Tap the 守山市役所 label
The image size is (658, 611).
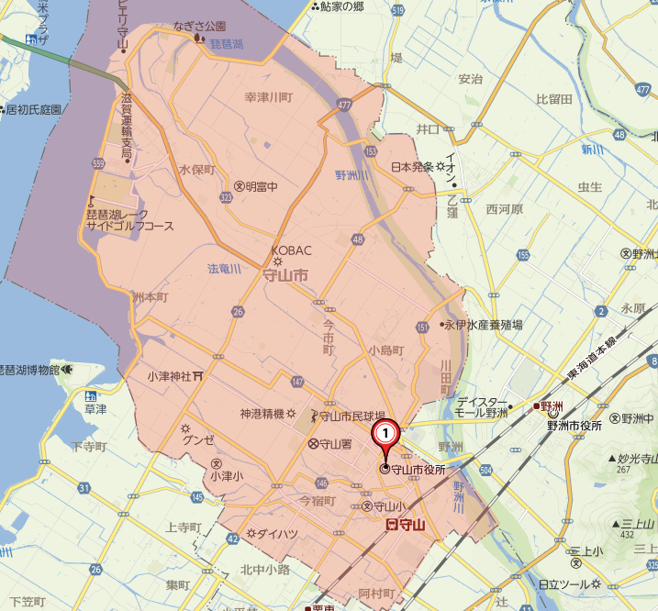click(418, 470)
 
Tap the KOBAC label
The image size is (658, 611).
click(292, 250)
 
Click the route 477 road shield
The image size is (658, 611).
click(345, 106)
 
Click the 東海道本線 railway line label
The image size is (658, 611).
click(594, 361)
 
